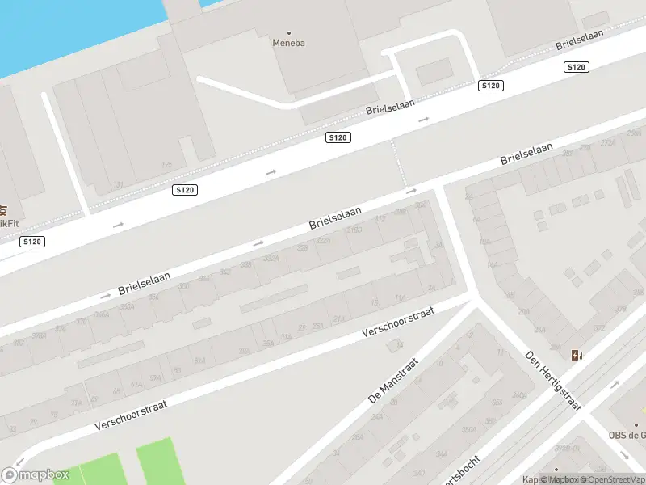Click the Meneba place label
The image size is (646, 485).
pos(289,44)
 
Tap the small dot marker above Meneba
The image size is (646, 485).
pos(289,33)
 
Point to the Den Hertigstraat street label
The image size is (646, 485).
pos(553,381)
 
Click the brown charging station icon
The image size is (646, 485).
pos(576,355)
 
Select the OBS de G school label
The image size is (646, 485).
pos(627,436)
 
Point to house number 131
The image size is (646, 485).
pos(119,184)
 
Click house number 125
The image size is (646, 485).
pos(167,164)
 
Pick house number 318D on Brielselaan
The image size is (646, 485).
pos(354,230)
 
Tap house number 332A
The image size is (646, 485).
pos(271,259)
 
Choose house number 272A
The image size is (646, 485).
pos(608,143)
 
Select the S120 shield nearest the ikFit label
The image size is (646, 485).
pos(32,241)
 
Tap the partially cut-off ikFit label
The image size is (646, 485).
pos(7,222)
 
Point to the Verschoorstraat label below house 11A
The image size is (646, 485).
pos(399,321)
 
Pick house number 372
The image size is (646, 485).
pos(598,327)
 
